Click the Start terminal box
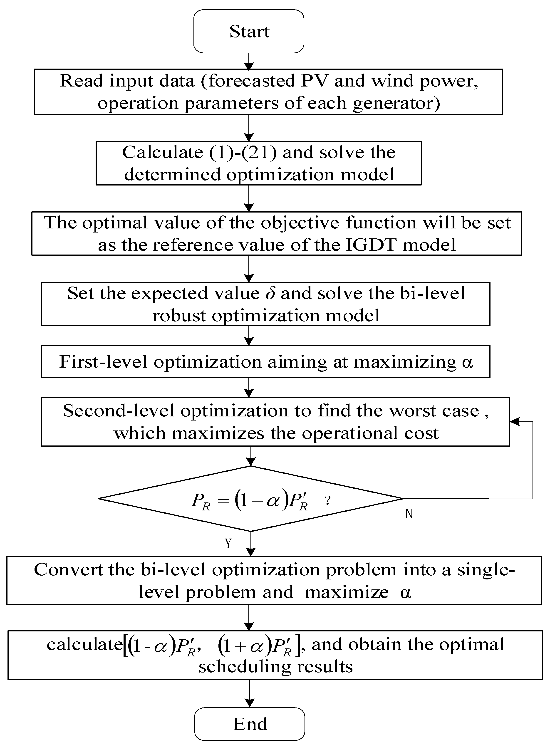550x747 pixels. coord(249,31)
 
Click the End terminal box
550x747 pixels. coord(250,724)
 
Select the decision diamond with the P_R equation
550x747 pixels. coord(250,498)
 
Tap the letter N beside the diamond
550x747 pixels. coord(409,514)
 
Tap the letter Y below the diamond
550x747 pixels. coord(228,544)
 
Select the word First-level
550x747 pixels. coord(103,362)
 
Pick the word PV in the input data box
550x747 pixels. coord(314,81)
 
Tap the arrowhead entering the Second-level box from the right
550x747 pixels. coord(514,422)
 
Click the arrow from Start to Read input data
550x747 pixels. coord(249,61)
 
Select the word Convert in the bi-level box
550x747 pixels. coord(68,570)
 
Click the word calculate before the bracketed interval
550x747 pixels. coord(84,644)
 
